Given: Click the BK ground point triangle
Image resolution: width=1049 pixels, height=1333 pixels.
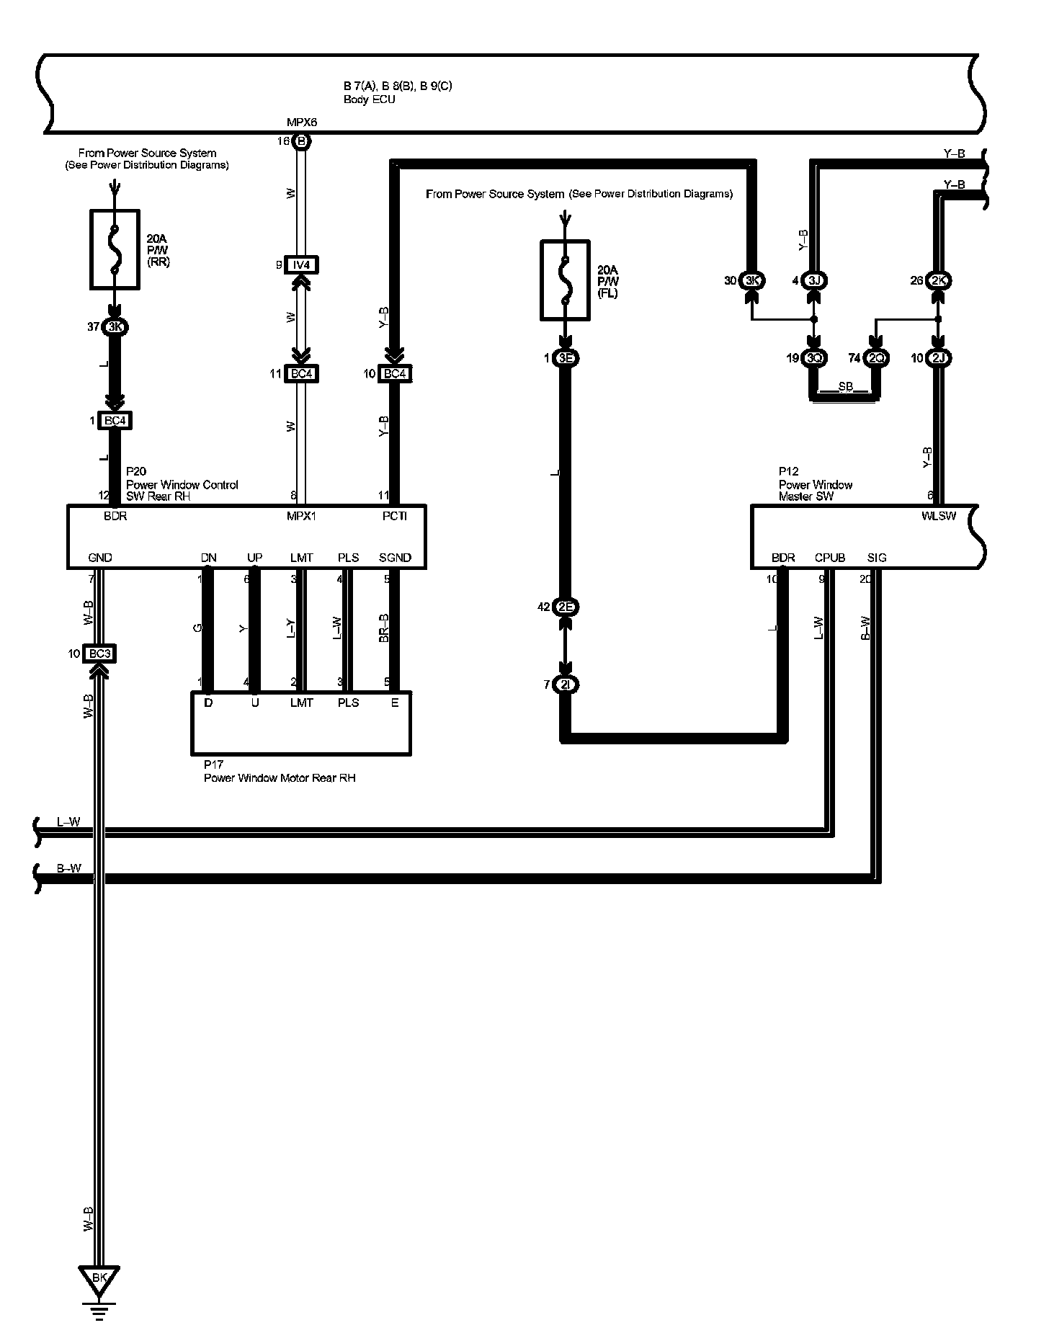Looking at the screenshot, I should (x=99, y=1279).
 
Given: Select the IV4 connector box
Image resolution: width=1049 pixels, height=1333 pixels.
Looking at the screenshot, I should (x=301, y=265).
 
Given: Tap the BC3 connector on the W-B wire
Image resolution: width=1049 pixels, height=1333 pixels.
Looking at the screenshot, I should (x=99, y=654).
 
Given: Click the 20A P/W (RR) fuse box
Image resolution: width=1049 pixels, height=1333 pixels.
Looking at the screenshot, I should (x=114, y=249).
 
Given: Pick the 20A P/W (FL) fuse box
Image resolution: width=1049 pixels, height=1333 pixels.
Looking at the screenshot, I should (x=566, y=280).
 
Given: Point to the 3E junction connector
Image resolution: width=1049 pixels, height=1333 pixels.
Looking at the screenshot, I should (x=566, y=358).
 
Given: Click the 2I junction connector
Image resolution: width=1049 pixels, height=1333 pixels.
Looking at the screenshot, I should (x=566, y=685).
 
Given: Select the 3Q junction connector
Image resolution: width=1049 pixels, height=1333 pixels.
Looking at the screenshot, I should (x=814, y=358).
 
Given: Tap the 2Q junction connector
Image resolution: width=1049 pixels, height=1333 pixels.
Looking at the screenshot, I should (x=875, y=358).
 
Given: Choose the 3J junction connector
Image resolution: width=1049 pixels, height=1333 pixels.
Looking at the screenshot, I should (x=814, y=280).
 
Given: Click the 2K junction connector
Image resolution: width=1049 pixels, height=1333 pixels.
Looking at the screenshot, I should (x=937, y=280).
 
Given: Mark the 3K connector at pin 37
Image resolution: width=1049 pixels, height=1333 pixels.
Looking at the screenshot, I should (x=114, y=327).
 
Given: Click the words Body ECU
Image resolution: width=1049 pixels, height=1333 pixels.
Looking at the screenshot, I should (x=369, y=99).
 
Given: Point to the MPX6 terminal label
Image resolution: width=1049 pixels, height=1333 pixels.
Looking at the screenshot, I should (x=301, y=122).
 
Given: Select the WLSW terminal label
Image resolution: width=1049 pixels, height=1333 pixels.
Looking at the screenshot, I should (x=939, y=516).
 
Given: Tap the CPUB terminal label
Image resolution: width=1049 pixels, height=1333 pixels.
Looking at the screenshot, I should (x=830, y=558).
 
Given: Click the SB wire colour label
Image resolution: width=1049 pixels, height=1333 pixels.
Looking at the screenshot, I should (x=846, y=387).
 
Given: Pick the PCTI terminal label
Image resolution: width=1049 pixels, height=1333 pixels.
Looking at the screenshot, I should (x=395, y=516).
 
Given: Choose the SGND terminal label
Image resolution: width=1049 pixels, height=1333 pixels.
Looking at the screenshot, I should (x=395, y=558).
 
